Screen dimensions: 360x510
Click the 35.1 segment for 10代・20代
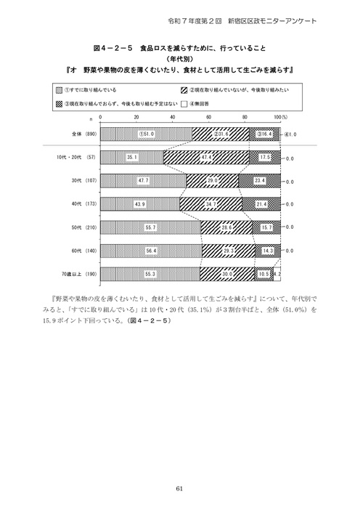[131, 157]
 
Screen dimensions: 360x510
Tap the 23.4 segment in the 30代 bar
[261, 181]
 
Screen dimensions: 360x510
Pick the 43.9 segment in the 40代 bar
[139, 204]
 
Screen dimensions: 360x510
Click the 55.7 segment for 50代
[150, 227]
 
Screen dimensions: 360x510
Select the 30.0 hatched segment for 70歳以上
[227, 274]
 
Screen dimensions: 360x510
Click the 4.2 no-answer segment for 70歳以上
[278, 274]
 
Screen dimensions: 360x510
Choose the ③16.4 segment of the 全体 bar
[264, 134]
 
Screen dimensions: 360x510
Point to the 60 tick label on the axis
[208, 116]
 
